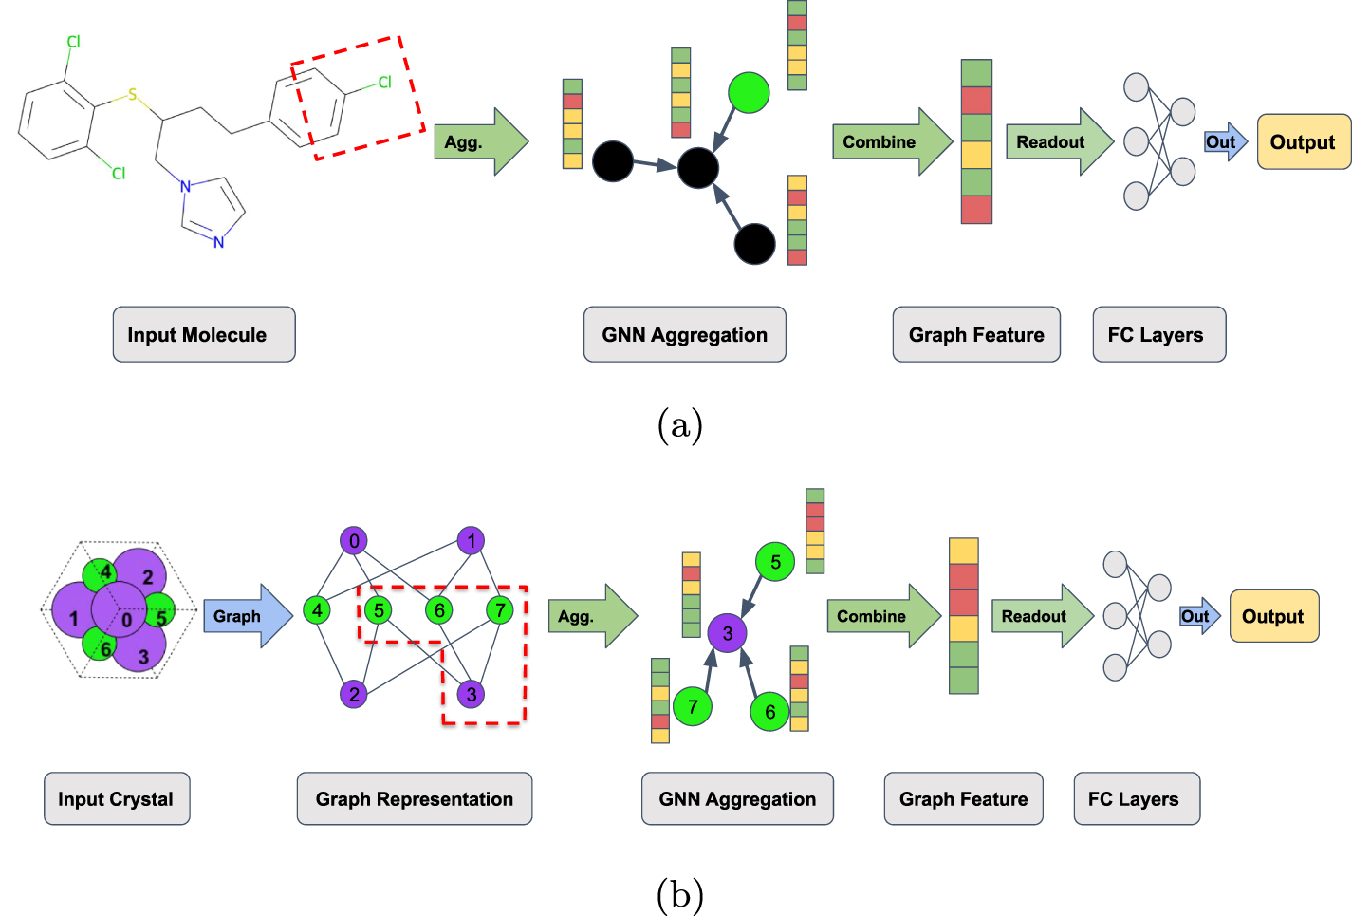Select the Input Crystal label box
pyautogui.click(x=117, y=798)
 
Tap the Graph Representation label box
pyautogui.click(x=414, y=798)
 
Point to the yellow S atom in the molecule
pyautogui.click(x=133, y=95)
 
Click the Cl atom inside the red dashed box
pyautogui.click(x=384, y=83)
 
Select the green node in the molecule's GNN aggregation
pyautogui.click(x=749, y=92)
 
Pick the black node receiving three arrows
pyautogui.click(x=698, y=168)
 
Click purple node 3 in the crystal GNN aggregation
pyautogui.click(x=727, y=633)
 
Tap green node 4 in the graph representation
pyautogui.click(x=317, y=610)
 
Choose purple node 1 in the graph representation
pyautogui.click(x=471, y=541)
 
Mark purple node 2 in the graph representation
pyautogui.click(x=354, y=694)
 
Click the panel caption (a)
pyautogui.click(x=679, y=424)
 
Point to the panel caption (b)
pyautogui.click(x=679, y=894)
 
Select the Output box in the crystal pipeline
pyautogui.click(x=1273, y=616)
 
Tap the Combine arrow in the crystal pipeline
pyautogui.click(x=880, y=616)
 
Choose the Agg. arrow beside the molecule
pyautogui.click(x=479, y=142)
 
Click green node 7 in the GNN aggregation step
pyautogui.click(x=693, y=706)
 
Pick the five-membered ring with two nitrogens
pyautogui.click(x=213, y=209)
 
